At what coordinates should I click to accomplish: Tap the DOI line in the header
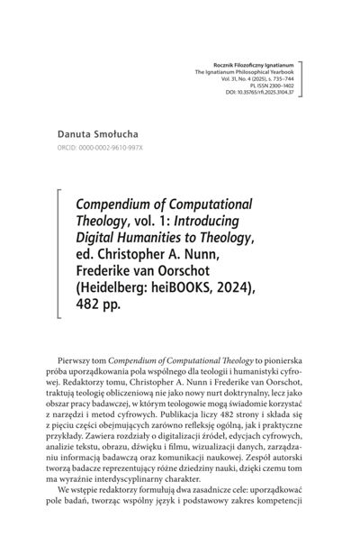(x=265, y=93)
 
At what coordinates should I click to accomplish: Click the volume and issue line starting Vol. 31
(x=261, y=80)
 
